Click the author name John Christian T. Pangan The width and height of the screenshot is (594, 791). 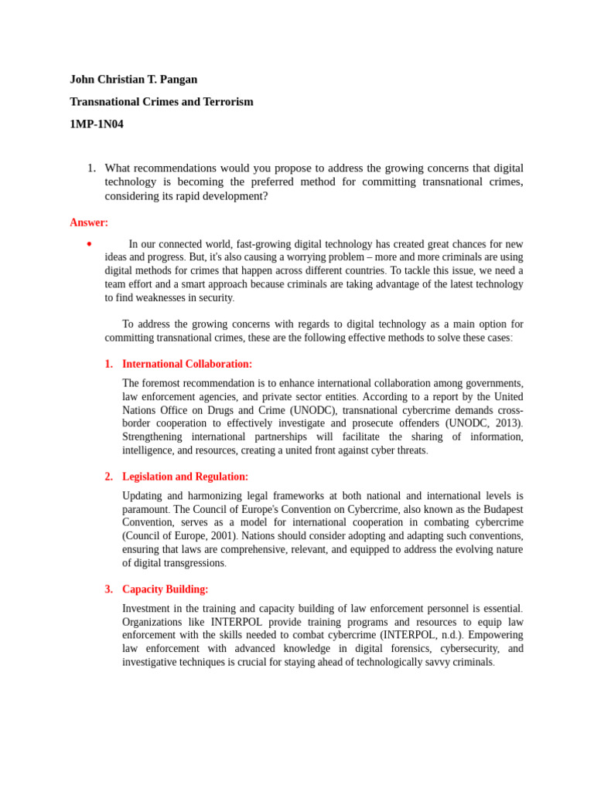(133, 80)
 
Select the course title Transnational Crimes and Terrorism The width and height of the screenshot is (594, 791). (161, 102)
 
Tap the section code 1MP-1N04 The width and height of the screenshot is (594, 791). (96, 124)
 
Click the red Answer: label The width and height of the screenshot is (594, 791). (89, 222)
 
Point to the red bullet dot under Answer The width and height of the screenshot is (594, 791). (90, 244)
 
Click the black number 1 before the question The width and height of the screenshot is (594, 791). (90, 168)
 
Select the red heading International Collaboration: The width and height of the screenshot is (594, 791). (187, 364)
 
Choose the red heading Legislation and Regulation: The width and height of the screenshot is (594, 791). (185, 477)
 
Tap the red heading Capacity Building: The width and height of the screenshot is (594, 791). (165, 589)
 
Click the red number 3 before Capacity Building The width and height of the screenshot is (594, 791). (108, 589)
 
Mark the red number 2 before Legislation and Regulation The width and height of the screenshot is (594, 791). (108, 477)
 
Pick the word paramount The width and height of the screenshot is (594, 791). (145, 509)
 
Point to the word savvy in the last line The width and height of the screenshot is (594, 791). (429, 662)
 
